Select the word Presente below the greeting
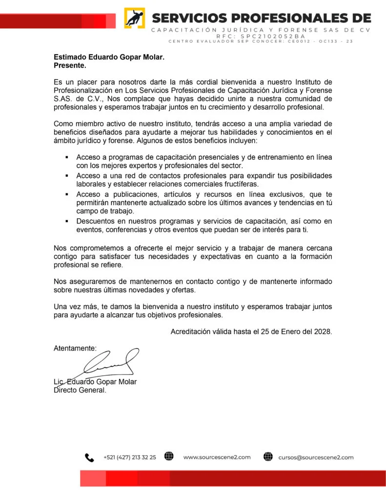[x=70, y=65]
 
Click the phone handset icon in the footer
[x=89, y=458]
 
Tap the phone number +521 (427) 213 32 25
[x=130, y=458]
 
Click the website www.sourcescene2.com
[x=217, y=458]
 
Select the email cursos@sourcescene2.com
[x=316, y=458]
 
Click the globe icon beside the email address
[x=268, y=457]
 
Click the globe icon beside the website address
[x=169, y=457]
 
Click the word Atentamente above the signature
[x=75, y=348]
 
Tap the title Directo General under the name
[x=80, y=390]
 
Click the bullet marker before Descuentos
[x=66, y=221]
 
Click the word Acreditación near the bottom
[x=190, y=332]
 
